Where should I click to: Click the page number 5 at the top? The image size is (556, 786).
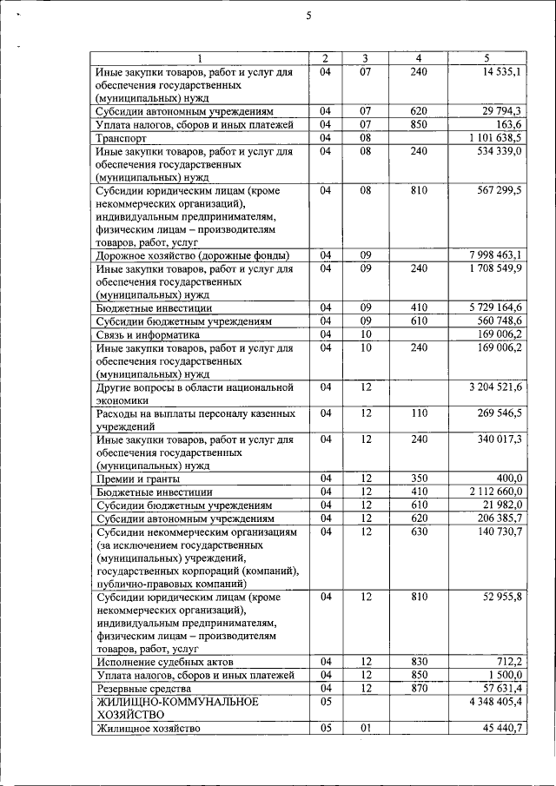[308, 15]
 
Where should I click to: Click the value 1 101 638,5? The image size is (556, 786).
[494, 137]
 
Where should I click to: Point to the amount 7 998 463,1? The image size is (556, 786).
[494, 255]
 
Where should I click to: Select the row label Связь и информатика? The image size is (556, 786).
[148, 334]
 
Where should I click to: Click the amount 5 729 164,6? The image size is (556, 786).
[494, 307]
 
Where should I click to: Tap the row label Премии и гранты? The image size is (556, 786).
[138, 479]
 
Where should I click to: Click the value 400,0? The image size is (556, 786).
[507, 478]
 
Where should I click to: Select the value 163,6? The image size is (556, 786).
[507, 124]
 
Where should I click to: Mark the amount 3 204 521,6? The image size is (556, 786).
[494, 386]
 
